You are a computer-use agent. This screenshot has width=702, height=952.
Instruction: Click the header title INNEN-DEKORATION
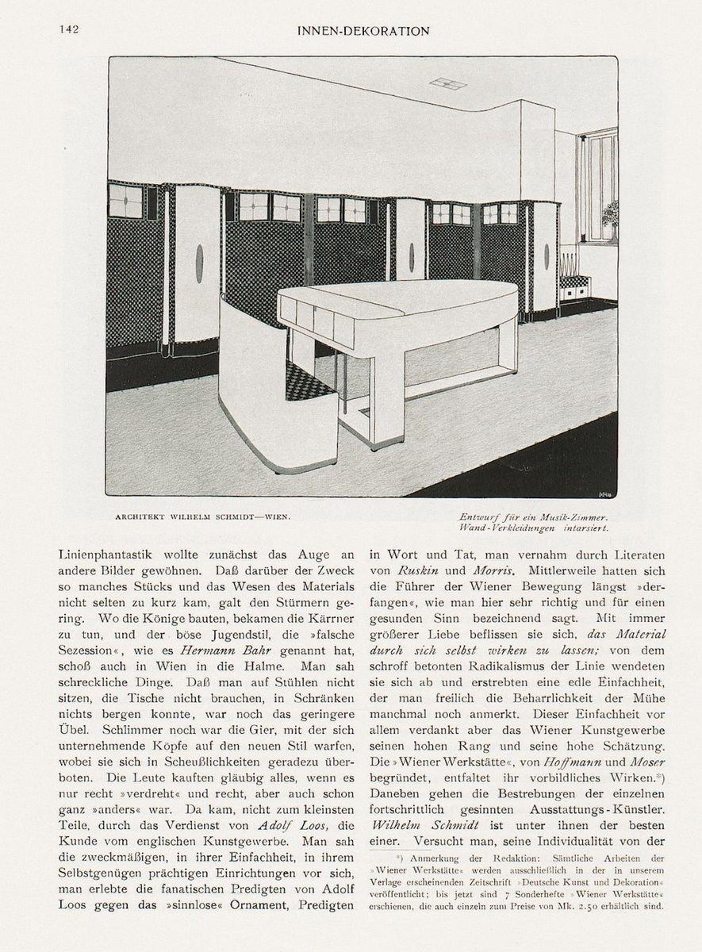[x=363, y=31]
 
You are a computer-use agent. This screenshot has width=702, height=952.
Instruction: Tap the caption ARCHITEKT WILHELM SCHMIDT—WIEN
[x=202, y=517]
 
